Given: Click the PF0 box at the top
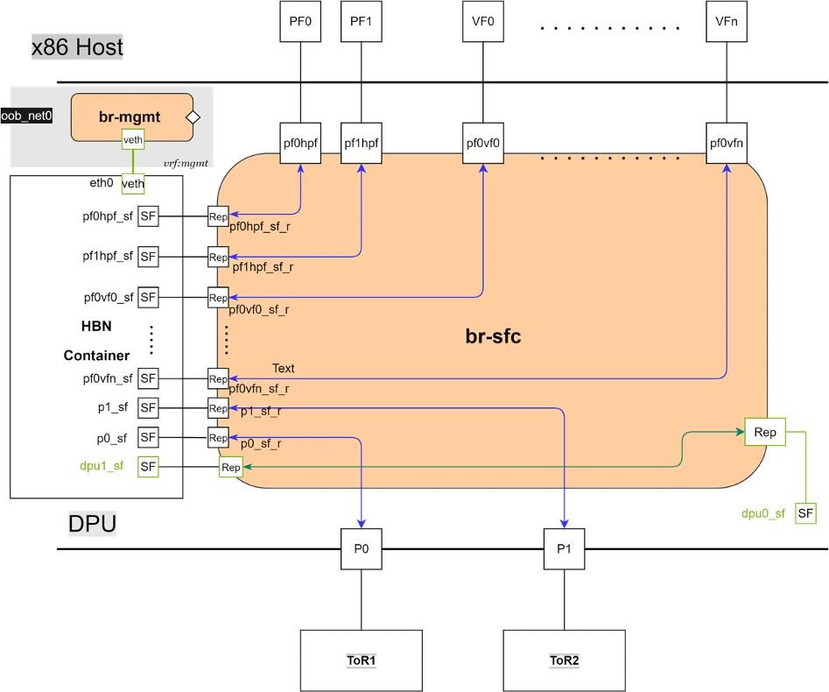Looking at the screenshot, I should [300, 23].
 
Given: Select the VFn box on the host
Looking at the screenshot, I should [727, 23].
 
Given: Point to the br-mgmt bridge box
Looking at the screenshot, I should [131, 116].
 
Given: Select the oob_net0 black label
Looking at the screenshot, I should [26, 116].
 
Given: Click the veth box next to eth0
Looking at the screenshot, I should [133, 183].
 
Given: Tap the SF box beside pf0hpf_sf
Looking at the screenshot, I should [148, 215].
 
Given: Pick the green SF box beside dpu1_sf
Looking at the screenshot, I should [148, 467].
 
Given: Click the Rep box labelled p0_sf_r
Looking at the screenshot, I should [218, 437].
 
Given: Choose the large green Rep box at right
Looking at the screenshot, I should [765, 432].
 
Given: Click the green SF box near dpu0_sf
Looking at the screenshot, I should [805, 513].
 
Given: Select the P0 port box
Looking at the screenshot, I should [362, 549].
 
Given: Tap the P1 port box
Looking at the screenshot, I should [564, 549].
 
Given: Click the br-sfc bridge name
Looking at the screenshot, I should [493, 335].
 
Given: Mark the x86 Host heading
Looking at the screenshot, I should [77, 46].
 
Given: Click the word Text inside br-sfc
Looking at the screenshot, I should [284, 368].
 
